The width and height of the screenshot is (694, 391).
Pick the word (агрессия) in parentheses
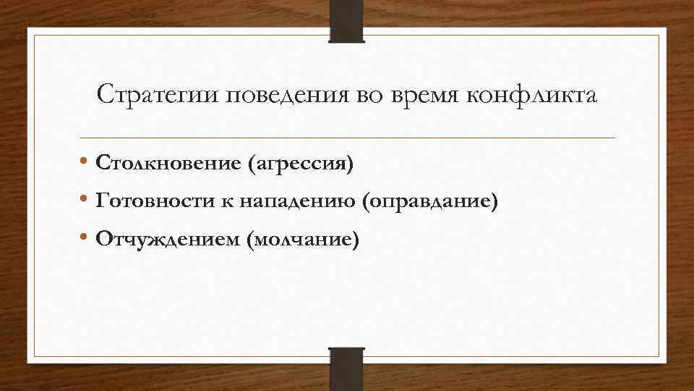[301, 164]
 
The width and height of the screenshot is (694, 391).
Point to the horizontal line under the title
[347, 138]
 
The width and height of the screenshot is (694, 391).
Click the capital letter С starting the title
[104, 94]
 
